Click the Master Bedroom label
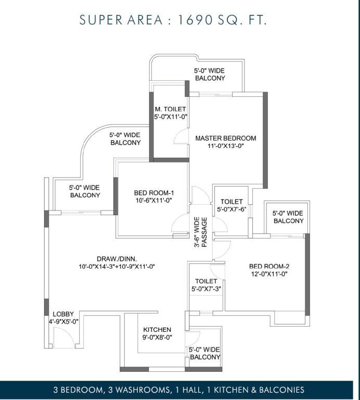225,138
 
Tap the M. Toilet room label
171,109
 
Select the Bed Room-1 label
154,193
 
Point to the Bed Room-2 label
269,266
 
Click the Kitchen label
157,330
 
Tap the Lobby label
63,314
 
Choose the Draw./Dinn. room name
117,259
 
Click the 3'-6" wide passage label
201,232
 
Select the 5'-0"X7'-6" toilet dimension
232,209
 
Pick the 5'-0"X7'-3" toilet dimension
206,289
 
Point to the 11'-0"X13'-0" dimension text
226,146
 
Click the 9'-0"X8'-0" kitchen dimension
157,337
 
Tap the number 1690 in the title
195,20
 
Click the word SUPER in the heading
101,20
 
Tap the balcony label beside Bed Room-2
288,217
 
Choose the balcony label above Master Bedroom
210,74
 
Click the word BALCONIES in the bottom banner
281,390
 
